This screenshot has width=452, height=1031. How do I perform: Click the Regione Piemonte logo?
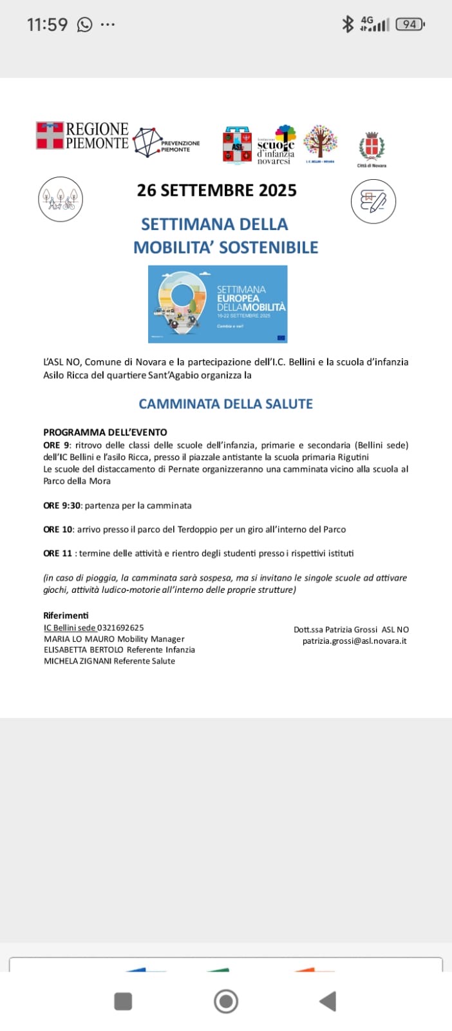tap(82, 136)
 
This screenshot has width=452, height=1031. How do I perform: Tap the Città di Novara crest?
tap(372, 148)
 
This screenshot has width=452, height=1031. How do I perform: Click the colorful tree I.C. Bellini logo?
tap(320, 143)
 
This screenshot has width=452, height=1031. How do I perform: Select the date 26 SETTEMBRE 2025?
tap(216, 191)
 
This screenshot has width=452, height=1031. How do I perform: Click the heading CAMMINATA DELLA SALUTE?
tap(225, 404)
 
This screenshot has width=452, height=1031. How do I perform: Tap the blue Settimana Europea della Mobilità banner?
tap(218, 304)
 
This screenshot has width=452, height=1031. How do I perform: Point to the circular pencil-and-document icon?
tap(373, 202)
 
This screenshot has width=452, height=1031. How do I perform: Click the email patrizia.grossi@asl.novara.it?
tap(354, 641)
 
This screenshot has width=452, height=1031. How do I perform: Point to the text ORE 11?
tap(57, 554)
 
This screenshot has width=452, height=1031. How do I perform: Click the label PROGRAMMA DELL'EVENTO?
tap(105, 432)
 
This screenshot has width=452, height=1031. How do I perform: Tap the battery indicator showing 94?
tap(410, 25)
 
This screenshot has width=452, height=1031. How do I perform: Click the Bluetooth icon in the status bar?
tap(348, 24)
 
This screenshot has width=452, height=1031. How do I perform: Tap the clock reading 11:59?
tap(47, 24)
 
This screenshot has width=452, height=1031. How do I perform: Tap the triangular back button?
tap(328, 1001)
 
